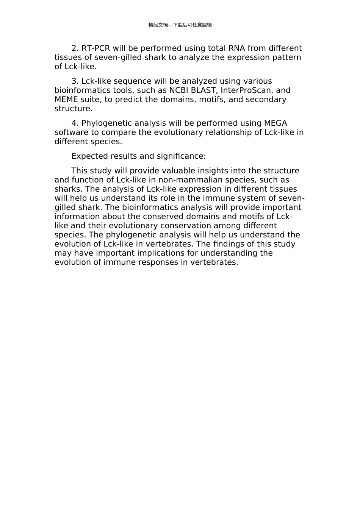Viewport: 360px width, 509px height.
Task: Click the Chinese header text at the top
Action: click(180, 25)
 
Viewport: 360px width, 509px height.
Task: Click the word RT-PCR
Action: click(95, 48)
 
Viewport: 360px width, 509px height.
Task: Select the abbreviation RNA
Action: click(237, 48)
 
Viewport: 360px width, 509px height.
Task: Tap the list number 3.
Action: click(74, 81)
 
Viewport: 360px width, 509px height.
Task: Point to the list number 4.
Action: click(74, 123)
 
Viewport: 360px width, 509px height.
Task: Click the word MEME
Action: click(66, 100)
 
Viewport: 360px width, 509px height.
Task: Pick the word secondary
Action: click(266, 100)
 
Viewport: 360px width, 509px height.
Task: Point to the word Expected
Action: click(88, 156)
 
